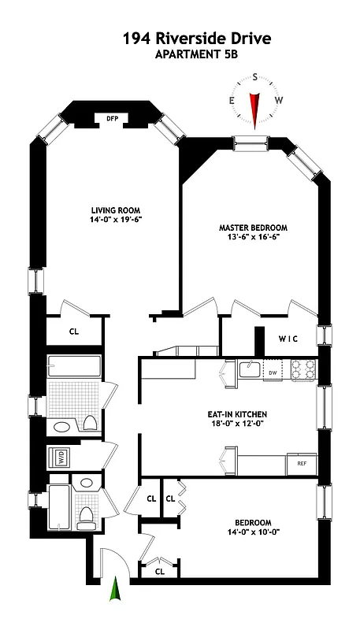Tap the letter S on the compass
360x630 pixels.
click(x=254, y=77)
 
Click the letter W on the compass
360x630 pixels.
click(x=278, y=100)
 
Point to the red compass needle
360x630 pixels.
click(x=254, y=106)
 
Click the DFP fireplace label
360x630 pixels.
click(x=111, y=119)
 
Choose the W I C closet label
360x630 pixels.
click(x=288, y=339)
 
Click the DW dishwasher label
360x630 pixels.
click(x=273, y=372)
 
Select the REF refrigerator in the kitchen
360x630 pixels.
click(x=302, y=465)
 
